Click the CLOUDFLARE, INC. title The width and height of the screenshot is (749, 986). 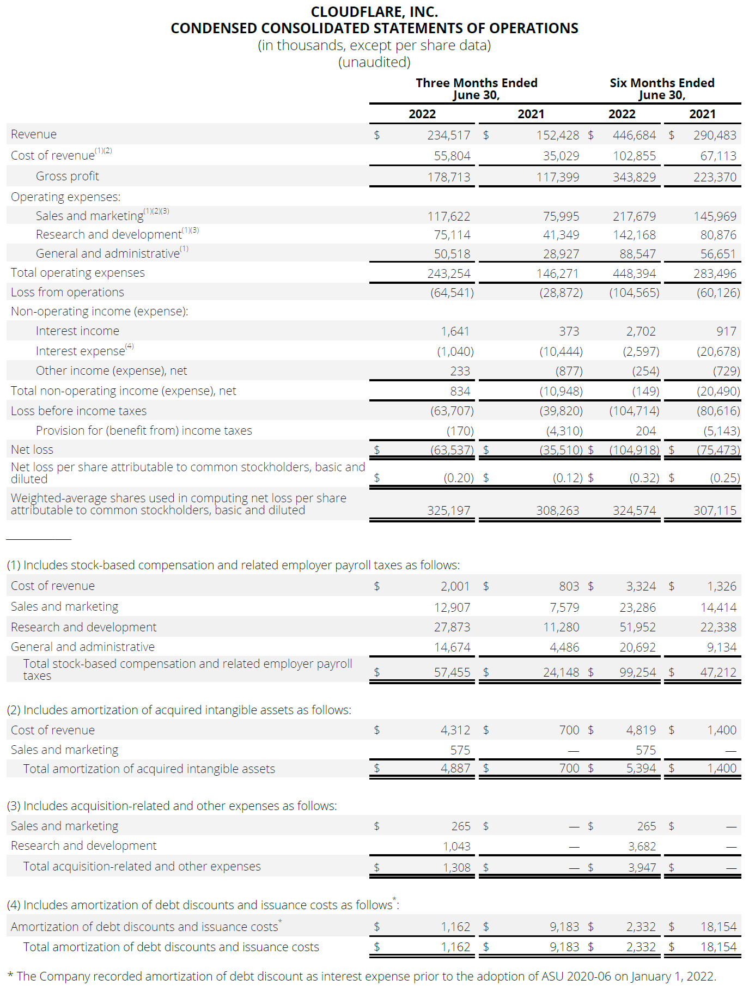tap(374, 11)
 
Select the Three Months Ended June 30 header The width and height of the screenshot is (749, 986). tap(476, 89)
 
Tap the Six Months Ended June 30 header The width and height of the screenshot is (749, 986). tap(662, 89)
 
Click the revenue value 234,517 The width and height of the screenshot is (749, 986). tap(448, 135)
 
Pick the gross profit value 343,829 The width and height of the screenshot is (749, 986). tap(634, 177)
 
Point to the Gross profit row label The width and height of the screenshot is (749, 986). tap(67, 176)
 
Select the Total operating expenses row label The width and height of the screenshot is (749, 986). tap(77, 272)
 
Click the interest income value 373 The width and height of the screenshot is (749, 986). tap(569, 331)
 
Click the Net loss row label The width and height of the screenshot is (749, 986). tap(32, 449)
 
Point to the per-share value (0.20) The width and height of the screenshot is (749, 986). tap(458, 478)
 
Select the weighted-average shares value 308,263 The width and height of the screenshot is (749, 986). tap(557, 510)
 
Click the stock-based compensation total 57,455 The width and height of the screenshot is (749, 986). tap(452, 672)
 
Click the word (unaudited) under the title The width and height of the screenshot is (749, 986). tap(374, 62)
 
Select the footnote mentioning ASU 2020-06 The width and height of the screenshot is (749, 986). tap(362, 976)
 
